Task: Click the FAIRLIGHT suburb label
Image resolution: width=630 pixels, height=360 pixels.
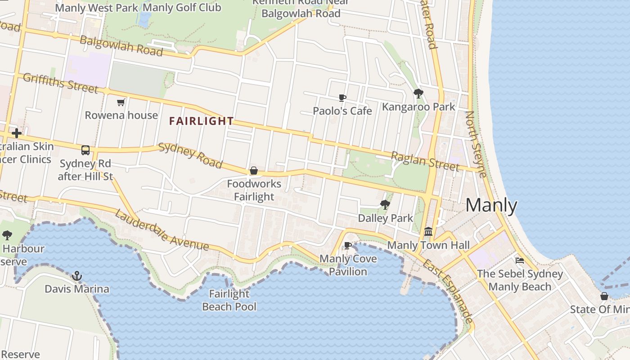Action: pyautogui.click(x=201, y=121)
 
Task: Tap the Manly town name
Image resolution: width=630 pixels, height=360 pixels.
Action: pyautogui.click(x=491, y=206)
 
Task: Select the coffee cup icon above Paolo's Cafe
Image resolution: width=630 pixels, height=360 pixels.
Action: pyautogui.click(x=342, y=98)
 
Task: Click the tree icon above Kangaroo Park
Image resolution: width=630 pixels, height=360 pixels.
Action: pyautogui.click(x=418, y=94)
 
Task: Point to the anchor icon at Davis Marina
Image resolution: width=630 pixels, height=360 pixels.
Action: pyautogui.click(x=77, y=275)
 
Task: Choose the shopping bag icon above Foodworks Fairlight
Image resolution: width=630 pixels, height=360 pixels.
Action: pyautogui.click(x=254, y=171)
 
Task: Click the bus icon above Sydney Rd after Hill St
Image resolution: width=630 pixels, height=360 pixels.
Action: pyautogui.click(x=85, y=150)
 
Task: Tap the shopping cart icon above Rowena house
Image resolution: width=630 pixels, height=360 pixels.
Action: pyautogui.click(x=121, y=103)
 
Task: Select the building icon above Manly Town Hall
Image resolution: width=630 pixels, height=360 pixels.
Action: pyautogui.click(x=428, y=232)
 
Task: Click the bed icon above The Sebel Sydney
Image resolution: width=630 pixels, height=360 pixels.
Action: pyautogui.click(x=520, y=261)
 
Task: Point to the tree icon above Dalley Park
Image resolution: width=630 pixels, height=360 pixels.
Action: pyautogui.click(x=385, y=205)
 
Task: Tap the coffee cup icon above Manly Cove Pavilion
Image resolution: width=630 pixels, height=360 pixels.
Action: pyautogui.click(x=347, y=246)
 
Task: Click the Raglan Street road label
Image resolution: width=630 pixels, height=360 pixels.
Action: pyautogui.click(x=425, y=161)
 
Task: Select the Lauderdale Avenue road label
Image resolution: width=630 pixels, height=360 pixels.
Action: pyautogui.click(x=162, y=230)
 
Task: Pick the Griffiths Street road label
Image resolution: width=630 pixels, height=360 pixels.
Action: pyautogui.click(x=60, y=83)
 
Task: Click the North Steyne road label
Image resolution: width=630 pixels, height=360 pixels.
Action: pyautogui.click(x=476, y=144)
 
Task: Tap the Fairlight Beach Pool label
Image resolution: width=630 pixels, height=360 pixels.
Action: pyautogui.click(x=229, y=300)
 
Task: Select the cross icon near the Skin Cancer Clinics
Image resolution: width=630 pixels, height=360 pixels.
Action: pyautogui.click(x=17, y=133)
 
